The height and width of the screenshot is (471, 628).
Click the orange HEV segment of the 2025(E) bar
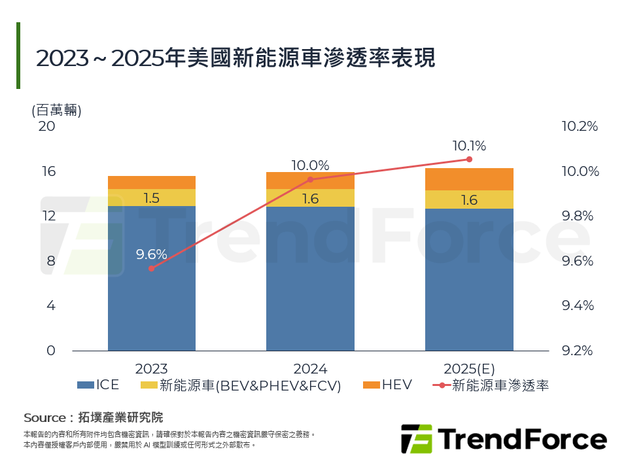[x=469, y=179]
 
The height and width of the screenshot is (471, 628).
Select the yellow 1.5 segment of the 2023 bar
[x=152, y=198]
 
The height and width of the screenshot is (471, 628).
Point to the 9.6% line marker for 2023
[x=151, y=268]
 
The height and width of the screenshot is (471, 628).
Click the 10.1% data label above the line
[x=469, y=146]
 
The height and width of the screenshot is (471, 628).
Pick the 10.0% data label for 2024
[x=310, y=166]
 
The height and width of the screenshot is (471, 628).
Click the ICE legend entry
[x=98, y=385]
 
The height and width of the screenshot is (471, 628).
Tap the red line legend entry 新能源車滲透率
[x=491, y=385]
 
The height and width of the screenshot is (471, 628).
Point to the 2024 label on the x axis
[x=310, y=368]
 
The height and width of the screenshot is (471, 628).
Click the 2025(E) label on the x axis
[x=469, y=368]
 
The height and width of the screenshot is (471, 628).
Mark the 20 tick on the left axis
[x=47, y=126]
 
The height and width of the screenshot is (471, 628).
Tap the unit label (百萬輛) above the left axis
[x=56, y=110]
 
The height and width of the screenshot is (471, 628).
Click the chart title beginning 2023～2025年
[x=235, y=58]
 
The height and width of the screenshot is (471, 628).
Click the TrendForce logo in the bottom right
[x=503, y=438]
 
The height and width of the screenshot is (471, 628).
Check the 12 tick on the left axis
[x=48, y=216]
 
